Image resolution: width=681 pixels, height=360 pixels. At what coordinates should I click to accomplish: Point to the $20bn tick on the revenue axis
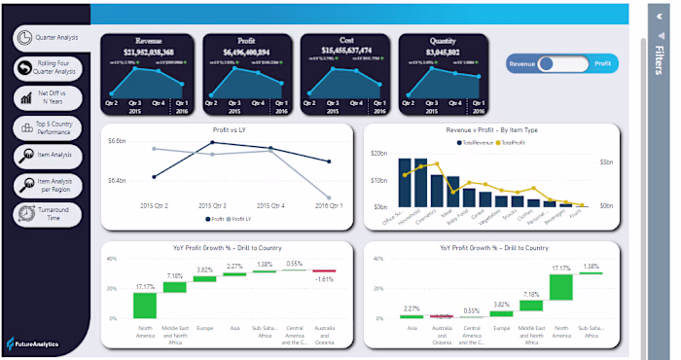click(x=378, y=154)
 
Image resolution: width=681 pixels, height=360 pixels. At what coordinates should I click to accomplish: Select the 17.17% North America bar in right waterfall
click(x=559, y=287)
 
